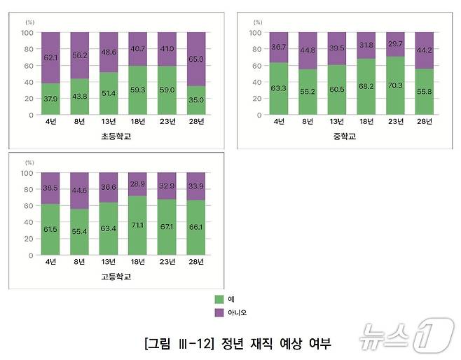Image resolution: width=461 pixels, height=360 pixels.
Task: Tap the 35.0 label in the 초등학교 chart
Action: pyautogui.click(x=196, y=100)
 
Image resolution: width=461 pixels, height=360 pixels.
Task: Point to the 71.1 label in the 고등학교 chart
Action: pyautogui.click(x=138, y=226)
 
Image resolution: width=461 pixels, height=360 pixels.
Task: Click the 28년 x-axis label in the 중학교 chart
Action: pyautogui.click(x=425, y=122)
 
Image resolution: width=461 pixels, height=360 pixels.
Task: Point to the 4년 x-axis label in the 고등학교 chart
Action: pyautogui.click(x=51, y=262)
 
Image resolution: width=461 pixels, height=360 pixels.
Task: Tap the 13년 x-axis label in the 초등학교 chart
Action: pyautogui.click(x=109, y=122)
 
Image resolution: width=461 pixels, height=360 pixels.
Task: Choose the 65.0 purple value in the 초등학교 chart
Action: pyautogui.click(x=196, y=60)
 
